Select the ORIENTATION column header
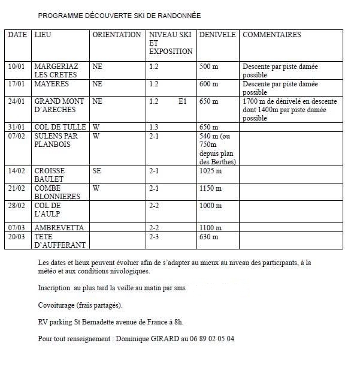117,35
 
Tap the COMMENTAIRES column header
272,35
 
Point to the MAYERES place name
52,85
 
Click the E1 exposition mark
183,102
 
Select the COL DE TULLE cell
60,127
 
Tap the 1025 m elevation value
210,171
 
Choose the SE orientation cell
97,171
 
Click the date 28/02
17,206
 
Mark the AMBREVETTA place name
59,228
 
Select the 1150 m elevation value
210,188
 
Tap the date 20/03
17,237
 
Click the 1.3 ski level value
154,127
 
